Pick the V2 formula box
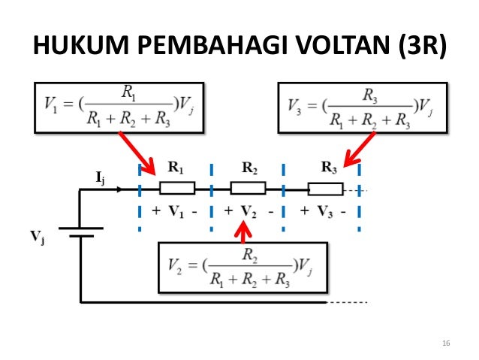243,267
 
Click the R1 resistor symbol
178,188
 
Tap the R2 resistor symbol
248,188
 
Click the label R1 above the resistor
175,168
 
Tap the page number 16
446,343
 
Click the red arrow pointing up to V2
243,230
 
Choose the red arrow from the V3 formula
359,150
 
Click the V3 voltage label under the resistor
324,211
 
